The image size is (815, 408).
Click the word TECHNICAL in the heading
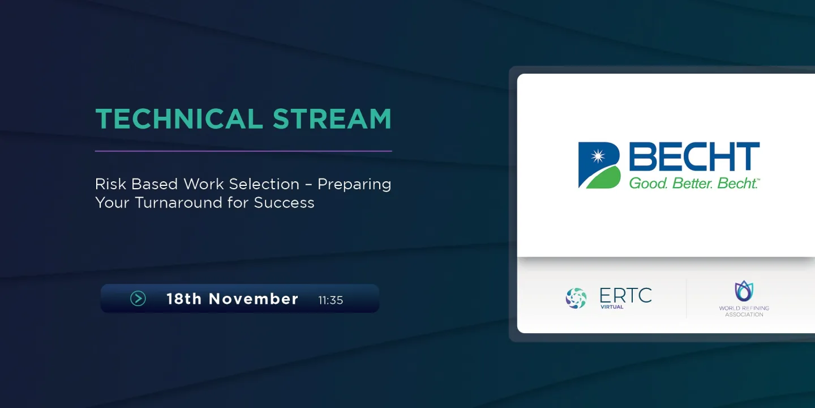click(179, 119)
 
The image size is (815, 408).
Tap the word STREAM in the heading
click(332, 119)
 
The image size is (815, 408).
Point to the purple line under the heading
click(243, 151)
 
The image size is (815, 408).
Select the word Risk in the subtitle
click(110, 184)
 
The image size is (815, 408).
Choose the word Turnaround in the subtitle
click(178, 202)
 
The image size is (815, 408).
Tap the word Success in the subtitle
click(284, 202)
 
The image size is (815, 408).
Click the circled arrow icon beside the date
click(138, 299)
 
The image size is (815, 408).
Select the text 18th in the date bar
click(184, 299)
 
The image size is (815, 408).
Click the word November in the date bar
click(254, 299)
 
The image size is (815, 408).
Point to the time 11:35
click(331, 300)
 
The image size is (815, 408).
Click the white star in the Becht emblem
click(598, 156)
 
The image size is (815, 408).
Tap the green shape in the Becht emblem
click(604, 178)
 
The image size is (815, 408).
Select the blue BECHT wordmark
click(694, 156)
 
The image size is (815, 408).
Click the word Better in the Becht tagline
click(692, 183)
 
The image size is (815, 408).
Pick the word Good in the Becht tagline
click(649, 183)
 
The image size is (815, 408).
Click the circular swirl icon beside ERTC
click(576, 298)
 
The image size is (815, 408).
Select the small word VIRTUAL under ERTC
click(612, 307)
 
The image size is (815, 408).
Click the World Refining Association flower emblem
click(744, 291)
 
